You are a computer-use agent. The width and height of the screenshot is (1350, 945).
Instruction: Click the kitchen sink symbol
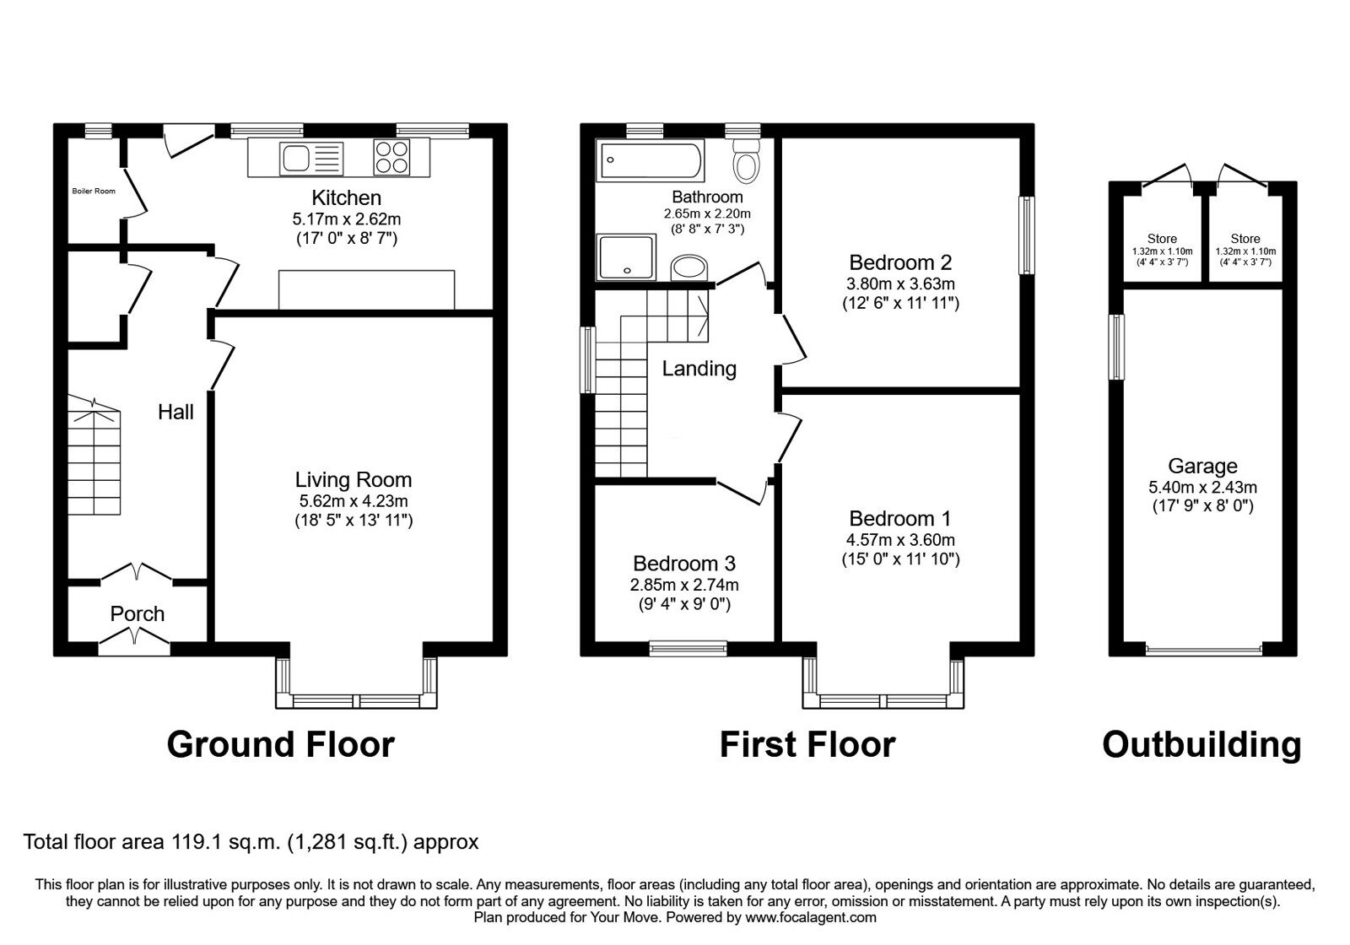coord(312,158)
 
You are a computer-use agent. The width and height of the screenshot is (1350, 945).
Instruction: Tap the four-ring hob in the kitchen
coord(391,157)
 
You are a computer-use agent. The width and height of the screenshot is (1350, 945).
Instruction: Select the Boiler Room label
coord(94,192)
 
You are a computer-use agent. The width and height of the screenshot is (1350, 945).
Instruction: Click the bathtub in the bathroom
coord(650,160)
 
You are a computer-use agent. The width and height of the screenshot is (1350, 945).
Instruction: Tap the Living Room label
coord(354,480)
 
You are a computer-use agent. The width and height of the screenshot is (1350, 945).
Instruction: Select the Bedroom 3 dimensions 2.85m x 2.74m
coord(684,585)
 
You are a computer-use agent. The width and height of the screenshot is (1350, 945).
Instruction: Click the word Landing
coord(699,369)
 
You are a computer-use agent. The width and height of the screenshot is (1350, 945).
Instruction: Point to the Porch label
coord(137,614)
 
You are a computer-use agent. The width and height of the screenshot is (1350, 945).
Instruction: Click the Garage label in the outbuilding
coord(1202,466)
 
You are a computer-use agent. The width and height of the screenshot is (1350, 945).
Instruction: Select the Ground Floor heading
coord(280,745)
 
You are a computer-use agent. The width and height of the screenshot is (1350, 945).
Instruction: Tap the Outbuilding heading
coord(1201,745)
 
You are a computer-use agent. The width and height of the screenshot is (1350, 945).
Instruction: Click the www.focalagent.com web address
coord(811,917)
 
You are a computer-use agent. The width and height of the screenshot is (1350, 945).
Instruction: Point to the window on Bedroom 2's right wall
coord(1026,235)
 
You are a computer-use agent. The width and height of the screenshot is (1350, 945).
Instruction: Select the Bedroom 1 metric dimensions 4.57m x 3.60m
coord(900,540)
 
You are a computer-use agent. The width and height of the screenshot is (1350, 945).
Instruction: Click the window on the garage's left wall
coord(1117,347)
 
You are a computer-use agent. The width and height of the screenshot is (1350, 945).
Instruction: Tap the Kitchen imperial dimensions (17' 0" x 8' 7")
coord(346,239)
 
